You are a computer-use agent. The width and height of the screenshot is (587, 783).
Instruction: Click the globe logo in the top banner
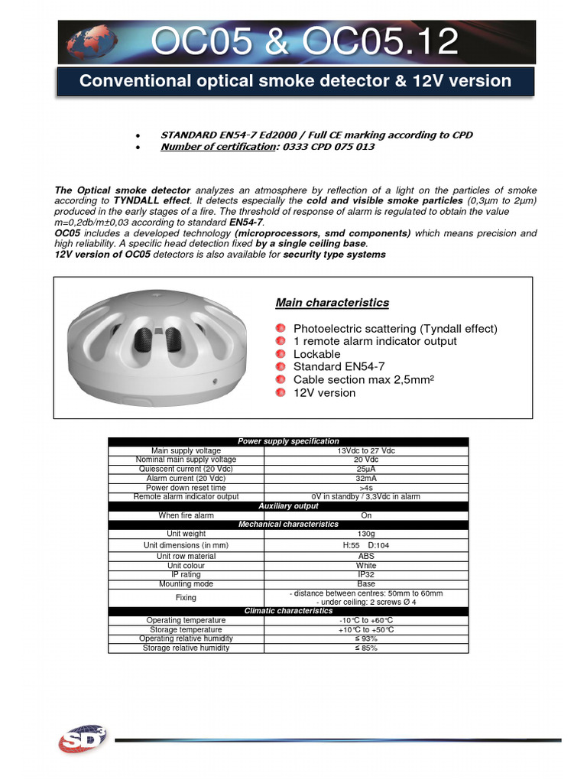86,43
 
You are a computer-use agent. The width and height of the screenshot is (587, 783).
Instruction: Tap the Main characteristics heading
332,303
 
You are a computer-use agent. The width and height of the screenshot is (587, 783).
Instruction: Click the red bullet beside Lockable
282,354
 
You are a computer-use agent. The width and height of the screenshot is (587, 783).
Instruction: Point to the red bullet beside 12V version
282,392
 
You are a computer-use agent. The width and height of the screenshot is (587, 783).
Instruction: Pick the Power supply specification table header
288,441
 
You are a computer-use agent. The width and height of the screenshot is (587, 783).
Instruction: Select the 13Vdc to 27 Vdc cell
366,451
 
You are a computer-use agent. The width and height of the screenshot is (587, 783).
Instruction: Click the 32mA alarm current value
366,479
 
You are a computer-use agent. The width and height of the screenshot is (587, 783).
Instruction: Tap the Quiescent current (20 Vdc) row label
186,469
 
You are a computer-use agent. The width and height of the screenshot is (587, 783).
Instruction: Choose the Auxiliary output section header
288,506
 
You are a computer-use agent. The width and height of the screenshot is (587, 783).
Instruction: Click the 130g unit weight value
366,534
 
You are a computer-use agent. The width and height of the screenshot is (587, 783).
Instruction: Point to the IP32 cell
366,574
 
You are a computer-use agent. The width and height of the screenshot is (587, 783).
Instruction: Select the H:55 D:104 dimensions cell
366,545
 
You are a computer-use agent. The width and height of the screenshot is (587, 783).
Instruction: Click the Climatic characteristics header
288,611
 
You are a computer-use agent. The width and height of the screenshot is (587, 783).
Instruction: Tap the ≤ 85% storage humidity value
366,648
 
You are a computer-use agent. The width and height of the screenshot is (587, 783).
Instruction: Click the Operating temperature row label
186,620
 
